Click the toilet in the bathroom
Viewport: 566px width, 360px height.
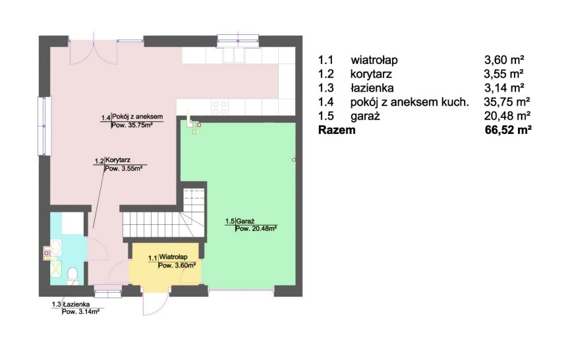click(x=72, y=276)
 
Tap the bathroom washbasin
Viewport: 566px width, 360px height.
click(x=55, y=247)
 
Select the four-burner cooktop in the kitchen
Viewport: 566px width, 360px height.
click(x=220, y=107)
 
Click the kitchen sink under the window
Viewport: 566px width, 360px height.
click(x=234, y=55)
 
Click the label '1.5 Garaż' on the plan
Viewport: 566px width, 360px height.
click(x=240, y=221)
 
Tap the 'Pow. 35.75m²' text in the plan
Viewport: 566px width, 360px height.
click(x=131, y=126)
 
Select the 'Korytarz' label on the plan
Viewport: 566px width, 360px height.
click(x=118, y=160)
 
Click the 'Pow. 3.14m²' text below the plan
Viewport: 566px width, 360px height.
click(x=80, y=312)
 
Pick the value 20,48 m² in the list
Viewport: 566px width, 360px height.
click(x=507, y=115)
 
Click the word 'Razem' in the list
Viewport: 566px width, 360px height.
click(x=337, y=130)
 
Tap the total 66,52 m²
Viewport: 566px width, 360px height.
click(x=508, y=130)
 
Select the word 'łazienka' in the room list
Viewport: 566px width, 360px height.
click(x=372, y=88)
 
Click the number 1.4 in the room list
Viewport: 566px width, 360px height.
click(x=326, y=102)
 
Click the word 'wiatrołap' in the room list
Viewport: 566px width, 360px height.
click(x=374, y=60)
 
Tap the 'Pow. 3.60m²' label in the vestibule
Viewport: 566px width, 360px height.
click(x=177, y=266)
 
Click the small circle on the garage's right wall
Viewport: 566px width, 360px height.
click(x=294, y=160)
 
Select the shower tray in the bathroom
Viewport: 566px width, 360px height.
click(x=55, y=268)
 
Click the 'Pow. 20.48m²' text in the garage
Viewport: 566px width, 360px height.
click(x=256, y=229)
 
